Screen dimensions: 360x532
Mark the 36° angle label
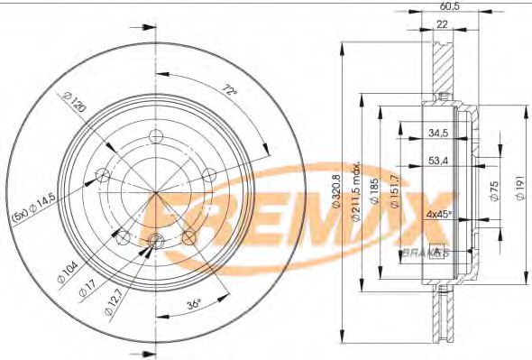point(192,305)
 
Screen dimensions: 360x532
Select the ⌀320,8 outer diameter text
point(335,190)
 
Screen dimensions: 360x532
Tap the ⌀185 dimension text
point(374,191)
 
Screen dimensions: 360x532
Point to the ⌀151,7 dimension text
point(394,192)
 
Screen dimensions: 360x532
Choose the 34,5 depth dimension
point(439,134)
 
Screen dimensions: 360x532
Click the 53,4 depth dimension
point(439,162)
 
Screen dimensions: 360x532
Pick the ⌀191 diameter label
point(518,191)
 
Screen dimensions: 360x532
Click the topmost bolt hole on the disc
point(155,136)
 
